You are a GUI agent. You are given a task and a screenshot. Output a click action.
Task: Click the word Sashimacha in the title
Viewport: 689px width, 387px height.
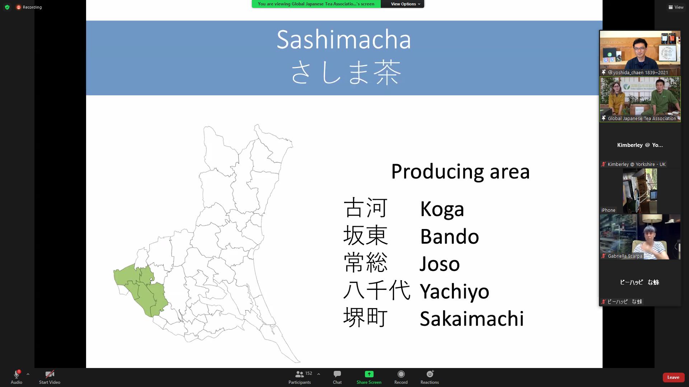(x=344, y=39)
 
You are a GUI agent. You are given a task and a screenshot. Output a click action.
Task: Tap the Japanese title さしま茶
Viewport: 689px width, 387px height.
(x=345, y=72)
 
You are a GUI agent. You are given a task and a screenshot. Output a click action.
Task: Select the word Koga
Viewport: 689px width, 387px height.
(x=442, y=209)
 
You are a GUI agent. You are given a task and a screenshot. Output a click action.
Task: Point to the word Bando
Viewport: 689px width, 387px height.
(x=450, y=236)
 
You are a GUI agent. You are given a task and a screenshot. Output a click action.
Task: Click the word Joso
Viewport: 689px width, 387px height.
(x=440, y=264)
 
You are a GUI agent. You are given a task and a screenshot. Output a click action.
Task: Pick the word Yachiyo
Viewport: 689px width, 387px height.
(x=455, y=292)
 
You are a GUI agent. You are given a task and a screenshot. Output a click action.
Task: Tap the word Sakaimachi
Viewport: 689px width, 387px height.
(x=472, y=319)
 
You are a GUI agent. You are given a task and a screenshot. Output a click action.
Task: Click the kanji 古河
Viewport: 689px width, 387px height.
(x=365, y=208)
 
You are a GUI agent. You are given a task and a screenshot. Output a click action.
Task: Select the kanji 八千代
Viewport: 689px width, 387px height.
(x=377, y=290)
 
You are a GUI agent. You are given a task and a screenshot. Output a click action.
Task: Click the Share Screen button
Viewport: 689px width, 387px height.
(x=369, y=377)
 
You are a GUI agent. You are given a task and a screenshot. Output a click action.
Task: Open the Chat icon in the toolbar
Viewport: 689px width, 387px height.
(x=337, y=377)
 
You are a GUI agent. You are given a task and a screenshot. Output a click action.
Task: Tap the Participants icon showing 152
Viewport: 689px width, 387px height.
(x=300, y=377)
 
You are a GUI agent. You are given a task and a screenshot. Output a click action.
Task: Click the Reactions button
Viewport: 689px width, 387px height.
(x=430, y=377)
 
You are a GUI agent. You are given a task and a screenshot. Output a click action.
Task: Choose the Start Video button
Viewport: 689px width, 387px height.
(x=50, y=377)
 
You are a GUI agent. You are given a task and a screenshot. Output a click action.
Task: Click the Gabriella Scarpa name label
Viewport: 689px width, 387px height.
(x=625, y=256)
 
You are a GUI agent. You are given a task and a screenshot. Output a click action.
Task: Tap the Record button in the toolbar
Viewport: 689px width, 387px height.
(x=401, y=377)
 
